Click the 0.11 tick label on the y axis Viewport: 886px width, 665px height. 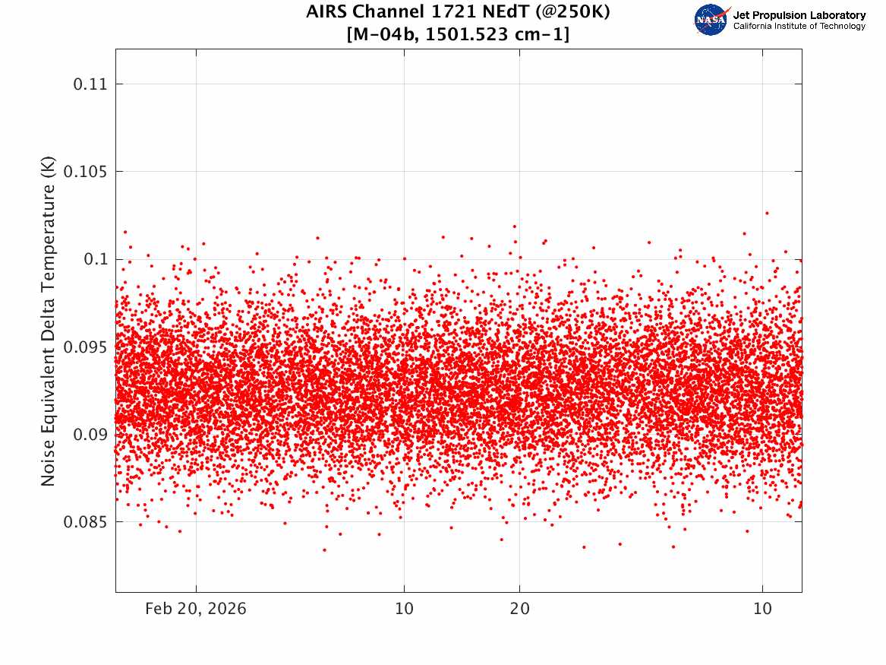tap(90, 84)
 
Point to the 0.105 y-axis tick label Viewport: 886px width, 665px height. tap(85, 172)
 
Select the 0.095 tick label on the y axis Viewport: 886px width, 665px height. tap(85, 347)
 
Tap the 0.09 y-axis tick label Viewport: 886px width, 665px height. tap(90, 434)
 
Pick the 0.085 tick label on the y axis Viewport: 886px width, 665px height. tap(85, 522)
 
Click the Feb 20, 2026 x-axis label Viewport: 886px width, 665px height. tap(196, 609)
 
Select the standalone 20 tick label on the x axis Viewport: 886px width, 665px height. tap(520, 609)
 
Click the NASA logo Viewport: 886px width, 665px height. tap(711, 20)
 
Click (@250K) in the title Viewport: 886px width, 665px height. tap(573, 12)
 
